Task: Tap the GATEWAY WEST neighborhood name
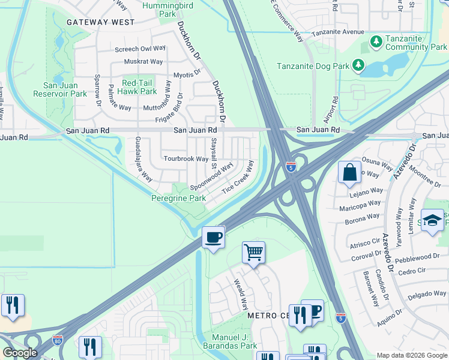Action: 100,22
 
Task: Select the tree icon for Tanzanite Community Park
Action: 376,42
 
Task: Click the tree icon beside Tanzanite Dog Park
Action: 358,64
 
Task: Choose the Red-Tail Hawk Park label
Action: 139,87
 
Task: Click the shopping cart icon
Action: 254,253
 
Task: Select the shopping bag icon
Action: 349,172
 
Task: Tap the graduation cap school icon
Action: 432,220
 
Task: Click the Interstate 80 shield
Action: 58,340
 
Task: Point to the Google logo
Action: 20,352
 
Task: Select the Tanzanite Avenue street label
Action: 337,31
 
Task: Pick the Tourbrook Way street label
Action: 186,159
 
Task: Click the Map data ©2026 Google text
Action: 411,355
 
